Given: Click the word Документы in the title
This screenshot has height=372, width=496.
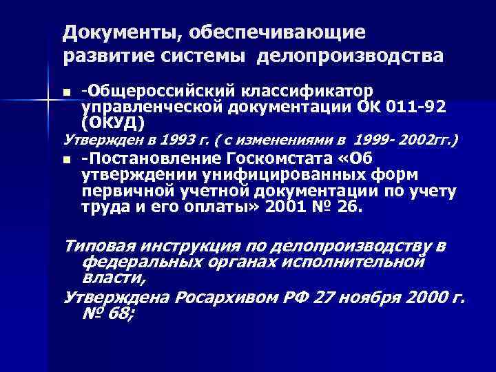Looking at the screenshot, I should (107, 32).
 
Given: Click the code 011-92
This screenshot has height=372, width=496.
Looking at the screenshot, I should (417, 107).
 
